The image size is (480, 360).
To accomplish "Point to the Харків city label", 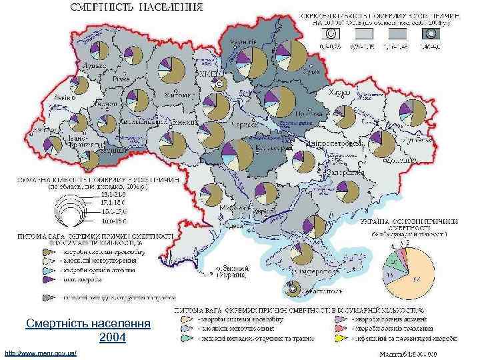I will tap(340, 93).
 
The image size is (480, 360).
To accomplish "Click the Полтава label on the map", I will tap(303, 112).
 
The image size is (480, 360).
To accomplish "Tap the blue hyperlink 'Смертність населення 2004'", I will tap(89, 331).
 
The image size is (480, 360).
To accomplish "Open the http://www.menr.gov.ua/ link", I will tap(41, 351).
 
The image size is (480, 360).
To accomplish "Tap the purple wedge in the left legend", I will tap(49, 279).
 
